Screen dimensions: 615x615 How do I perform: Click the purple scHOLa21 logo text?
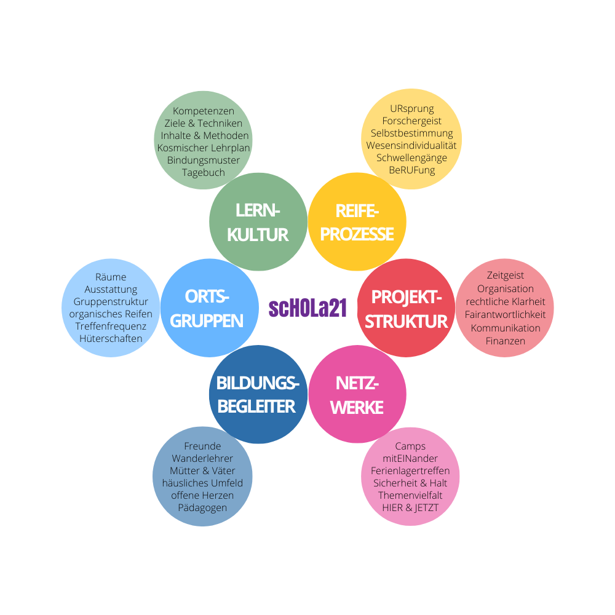(x=308, y=308)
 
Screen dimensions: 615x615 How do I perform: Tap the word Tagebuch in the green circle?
(x=203, y=173)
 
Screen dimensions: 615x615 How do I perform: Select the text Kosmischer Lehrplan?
(x=203, y=148)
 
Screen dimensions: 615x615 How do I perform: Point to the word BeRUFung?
(x=412, y=170)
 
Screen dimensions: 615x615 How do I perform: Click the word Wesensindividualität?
(x=411, y=146)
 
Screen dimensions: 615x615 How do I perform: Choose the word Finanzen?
(x=505, y=341)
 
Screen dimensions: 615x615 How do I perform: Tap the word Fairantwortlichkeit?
(x=505, y=314)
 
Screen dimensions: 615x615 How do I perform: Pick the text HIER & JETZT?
(x=410, y=507)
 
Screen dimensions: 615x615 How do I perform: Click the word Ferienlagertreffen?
(x=410, y=470)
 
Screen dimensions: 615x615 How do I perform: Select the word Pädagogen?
(x=202, y=508)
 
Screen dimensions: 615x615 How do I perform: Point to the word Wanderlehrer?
(x=202, y=459)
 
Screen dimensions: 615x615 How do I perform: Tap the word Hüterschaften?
(x=111, y=338)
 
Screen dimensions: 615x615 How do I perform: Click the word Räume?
(x=111, y=277)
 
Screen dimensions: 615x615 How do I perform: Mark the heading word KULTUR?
(x=258, y=235)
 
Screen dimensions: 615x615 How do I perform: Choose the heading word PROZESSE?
(x=357, y=234)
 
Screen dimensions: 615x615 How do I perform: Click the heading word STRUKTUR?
(x=406, y=322)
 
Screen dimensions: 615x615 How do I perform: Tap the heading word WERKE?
(x=357, y=408)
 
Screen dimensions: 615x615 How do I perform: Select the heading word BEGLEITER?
(x=256, y=407)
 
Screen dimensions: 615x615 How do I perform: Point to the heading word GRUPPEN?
(x=207, y=321)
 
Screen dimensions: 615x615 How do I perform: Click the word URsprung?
(x=412, y=109)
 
